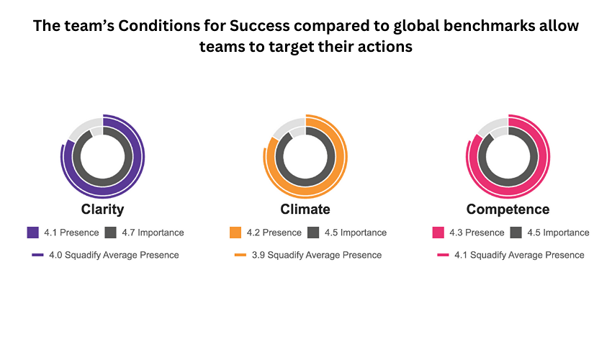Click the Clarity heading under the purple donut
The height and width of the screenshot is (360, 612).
point(102,210)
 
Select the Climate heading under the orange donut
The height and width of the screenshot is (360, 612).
point(305,210)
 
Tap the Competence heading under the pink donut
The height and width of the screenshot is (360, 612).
point(508,210)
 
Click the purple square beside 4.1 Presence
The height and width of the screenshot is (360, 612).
point(32,233)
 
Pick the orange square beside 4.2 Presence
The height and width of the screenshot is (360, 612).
point(235,233)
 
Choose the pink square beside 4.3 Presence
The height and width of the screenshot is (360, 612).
point(438,233)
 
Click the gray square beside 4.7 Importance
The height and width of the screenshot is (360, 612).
point(110,233)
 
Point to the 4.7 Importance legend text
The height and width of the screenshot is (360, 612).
point(153,233)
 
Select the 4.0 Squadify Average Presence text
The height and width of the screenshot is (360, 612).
point(114,255)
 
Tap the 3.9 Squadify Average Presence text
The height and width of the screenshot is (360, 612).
point(317,255)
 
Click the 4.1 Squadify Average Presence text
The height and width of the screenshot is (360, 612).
point(519,255)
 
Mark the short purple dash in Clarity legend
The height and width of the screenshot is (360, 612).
point(37,255)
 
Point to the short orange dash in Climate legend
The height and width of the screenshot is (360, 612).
point(240,255)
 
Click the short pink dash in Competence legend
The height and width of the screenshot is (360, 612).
point(443,255)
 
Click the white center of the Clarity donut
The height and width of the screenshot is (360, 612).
point(102,156)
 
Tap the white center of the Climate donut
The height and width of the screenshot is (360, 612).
point(305,156)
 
